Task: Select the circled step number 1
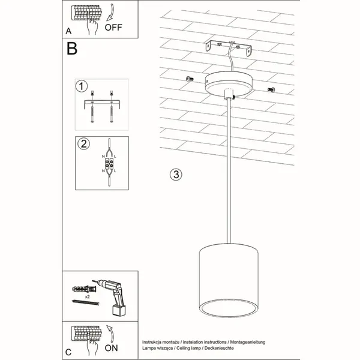(82, 86)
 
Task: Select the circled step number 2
(82, 144)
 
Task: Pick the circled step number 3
(175, 175)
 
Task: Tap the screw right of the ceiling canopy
(270, 90)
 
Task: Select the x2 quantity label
(87, 296)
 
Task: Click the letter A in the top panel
(68, 29)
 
